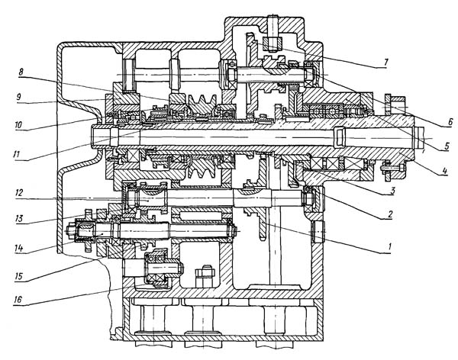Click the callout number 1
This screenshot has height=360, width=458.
pos(389,247)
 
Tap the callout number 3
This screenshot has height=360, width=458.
pos(392,191)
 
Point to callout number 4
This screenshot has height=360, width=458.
pos(444,170)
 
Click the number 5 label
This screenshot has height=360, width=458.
pos(447,146)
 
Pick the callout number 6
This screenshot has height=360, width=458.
pos(450,122)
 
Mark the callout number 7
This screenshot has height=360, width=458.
pos(385,63)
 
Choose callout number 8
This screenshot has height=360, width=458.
pos(21,72)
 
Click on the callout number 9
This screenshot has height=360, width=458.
pos(18,97)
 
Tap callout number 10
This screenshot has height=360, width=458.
pos(18,125)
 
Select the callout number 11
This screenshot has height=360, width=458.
pos(16,154)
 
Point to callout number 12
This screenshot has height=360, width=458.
pos(19,193)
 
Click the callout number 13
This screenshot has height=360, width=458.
pos(19,218)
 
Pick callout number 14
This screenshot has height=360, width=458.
pos(18,249)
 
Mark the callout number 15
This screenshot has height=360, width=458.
pos(18,276)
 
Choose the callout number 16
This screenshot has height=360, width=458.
pos(18,300)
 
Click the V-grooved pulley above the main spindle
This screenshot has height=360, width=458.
pos(202,104)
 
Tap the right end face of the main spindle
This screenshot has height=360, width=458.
pos(414,138)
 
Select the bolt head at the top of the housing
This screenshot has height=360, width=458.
pos(273,43)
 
